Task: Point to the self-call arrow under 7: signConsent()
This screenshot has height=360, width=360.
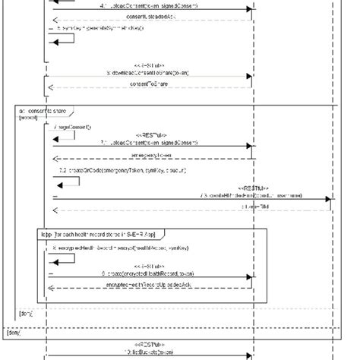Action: (x=64, y=134)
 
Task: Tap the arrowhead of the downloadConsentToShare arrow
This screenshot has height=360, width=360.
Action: (x=248, y=77)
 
